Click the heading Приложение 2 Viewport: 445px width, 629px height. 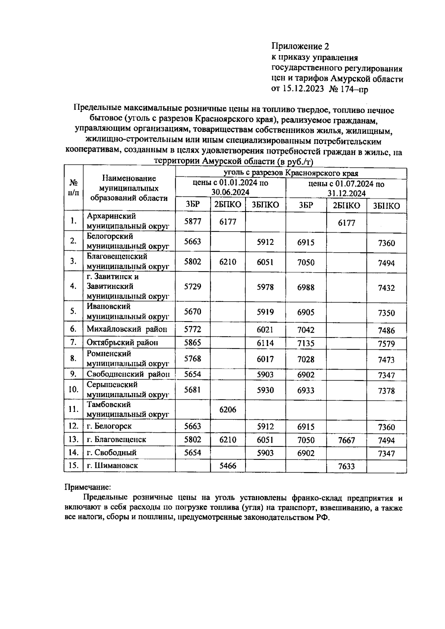(x=300, y=46)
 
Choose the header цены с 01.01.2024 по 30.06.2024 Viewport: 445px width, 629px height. (x=230, y=187)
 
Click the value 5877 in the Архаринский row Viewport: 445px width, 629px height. (x=193, y=221)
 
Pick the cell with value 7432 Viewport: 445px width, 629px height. (x=386, y=288)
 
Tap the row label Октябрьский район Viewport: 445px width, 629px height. (x=122, y=342)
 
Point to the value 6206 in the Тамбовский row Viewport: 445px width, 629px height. (x=228, y=410)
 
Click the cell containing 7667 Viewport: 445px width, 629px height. (x=347, y=440)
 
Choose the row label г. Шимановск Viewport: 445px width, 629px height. (x=112, y=465)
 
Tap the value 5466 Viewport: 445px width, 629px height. (x=228, y=466)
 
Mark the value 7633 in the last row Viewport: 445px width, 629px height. (x=347, y=466)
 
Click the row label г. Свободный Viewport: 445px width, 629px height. (x=112, y=453)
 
